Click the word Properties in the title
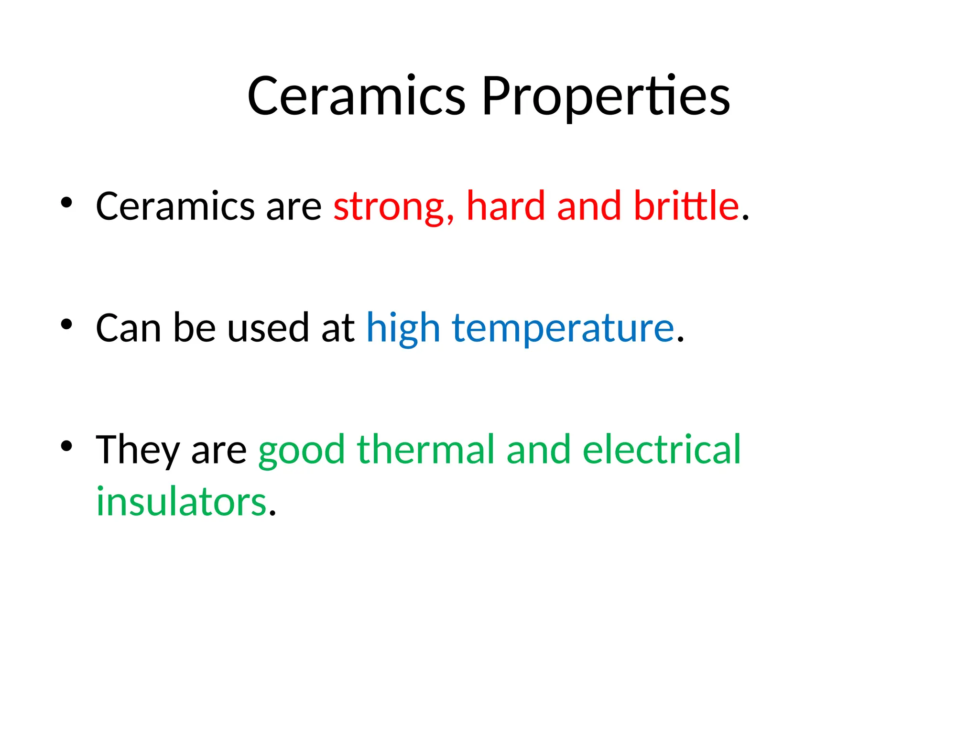click(606, 97)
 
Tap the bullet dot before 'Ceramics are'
click(66, 202)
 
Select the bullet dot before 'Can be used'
click(66, 324)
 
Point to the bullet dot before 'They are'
click(66, 446)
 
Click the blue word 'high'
click(403, 329)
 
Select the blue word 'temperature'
click(563, 329)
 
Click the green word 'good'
click(301, 451)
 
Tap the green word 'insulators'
click(181, 501)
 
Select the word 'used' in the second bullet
click(268, 328)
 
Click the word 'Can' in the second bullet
click(128, 328)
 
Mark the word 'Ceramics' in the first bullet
click(175, 206)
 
